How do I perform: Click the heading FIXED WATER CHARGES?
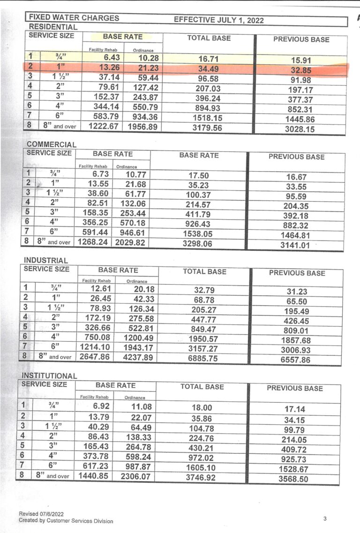(74, 18)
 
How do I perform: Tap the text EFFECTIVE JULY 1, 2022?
(218, 20)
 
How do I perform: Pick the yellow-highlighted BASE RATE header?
(123, 36)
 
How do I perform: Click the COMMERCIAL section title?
(51, 144)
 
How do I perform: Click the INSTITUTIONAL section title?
(49, 375)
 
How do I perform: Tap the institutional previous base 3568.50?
(293, 479)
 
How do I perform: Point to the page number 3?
(325, 518)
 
